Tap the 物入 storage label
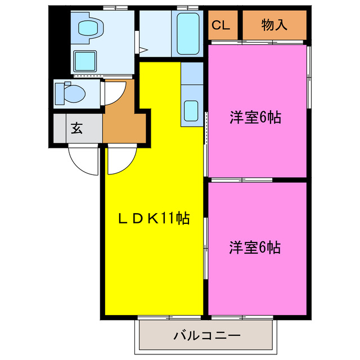[x=274, y=25]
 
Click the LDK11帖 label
[x=153, y=218]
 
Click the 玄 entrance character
[x=76, y=128]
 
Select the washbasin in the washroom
[x=88, y=28]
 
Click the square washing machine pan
[x=85, y=60]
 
